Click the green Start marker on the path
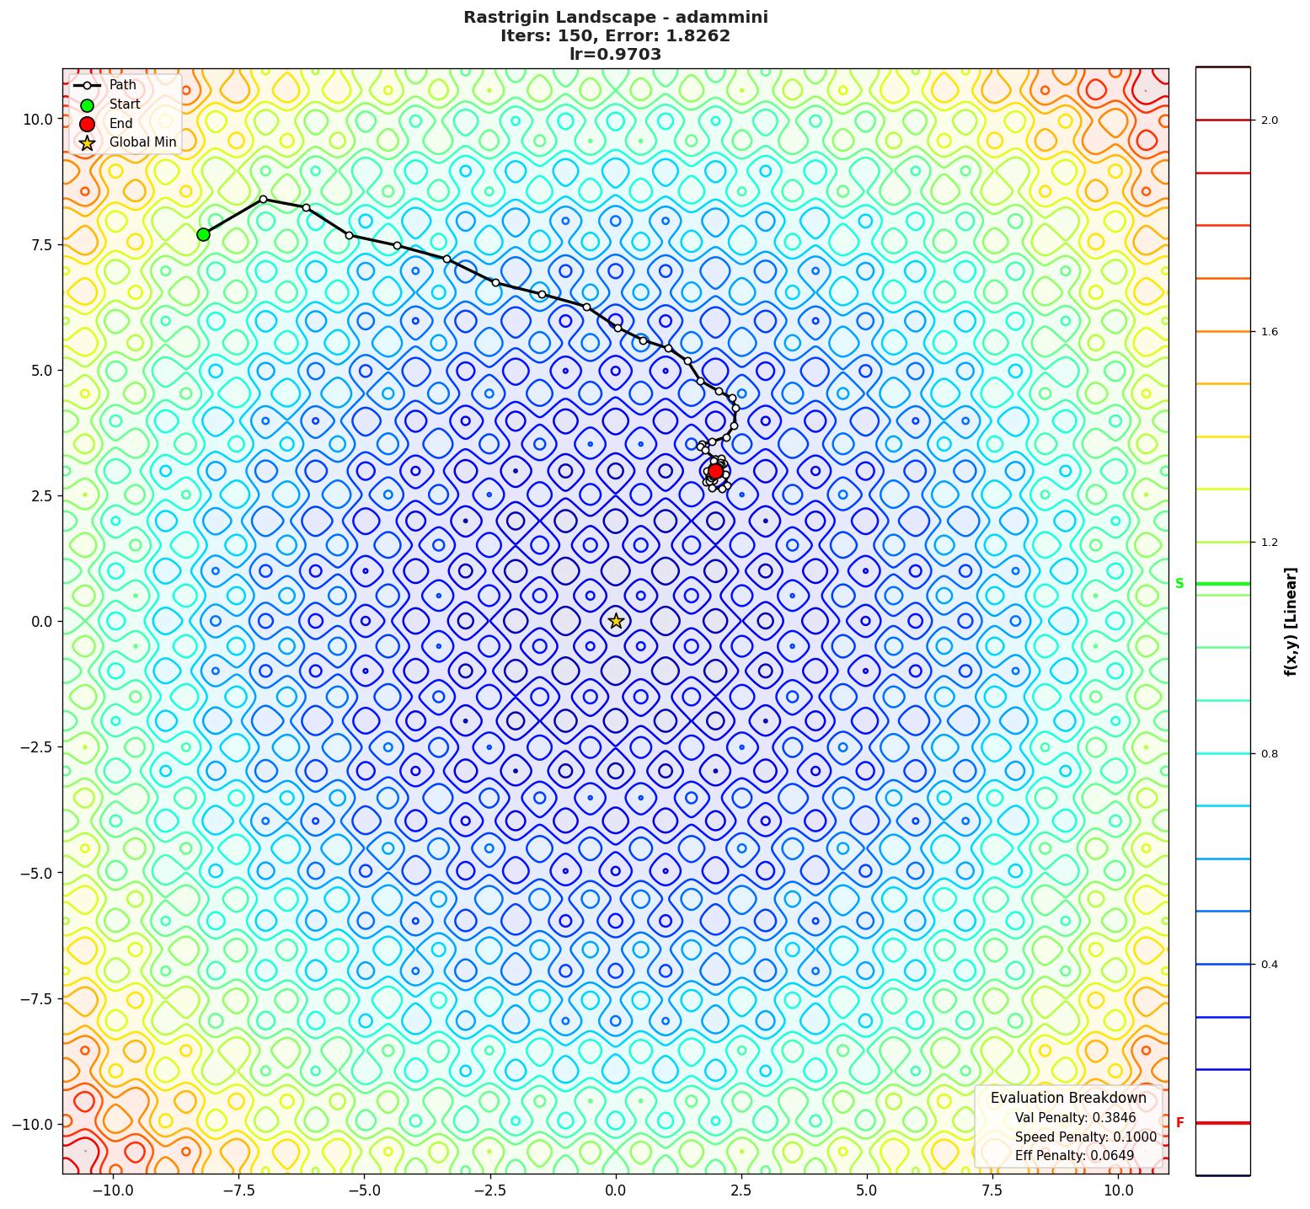coord(203,234)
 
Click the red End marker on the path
coord(715,471)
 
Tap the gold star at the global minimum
coord(616,621)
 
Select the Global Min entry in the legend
coord(142,142)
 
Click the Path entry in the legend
coord(122,85)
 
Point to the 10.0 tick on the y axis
coord(38,119)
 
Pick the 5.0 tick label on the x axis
coord(867,1190)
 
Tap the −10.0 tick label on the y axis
coord(34,1124)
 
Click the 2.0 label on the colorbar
coord(1269,120)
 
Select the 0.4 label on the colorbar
coord(1269,965)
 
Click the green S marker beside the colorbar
coord(1179,584)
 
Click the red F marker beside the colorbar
coord(1179,1123)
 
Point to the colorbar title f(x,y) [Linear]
coord(1290,621)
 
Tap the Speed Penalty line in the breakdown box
coord(1085,1137)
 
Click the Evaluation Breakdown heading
coord(1068,1098)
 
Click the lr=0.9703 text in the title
coord(615,55)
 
